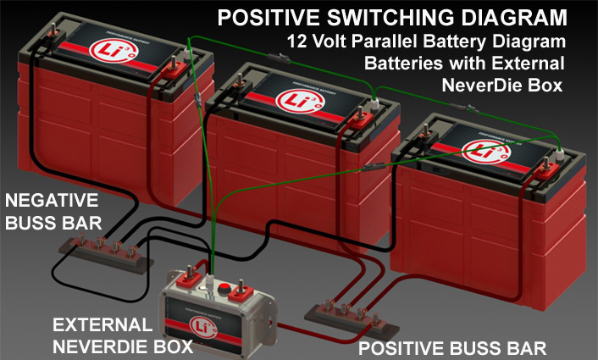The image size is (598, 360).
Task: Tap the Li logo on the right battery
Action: pos(479,151)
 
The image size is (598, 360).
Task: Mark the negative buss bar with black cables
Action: pos(98,252)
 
